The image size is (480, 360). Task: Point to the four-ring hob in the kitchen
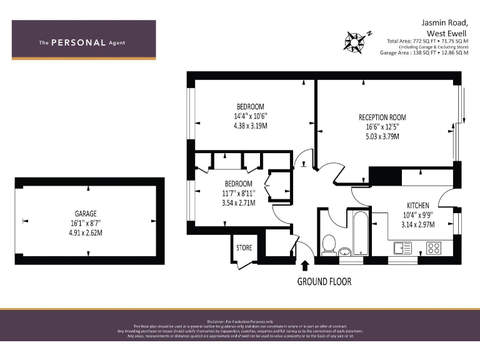point(434,247)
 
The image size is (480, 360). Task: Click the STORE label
point(244,248)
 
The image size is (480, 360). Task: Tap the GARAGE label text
point(87,213)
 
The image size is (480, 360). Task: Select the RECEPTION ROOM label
point(382,117)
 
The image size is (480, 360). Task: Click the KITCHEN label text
point(418,206)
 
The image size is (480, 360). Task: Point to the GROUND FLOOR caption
point(324,282)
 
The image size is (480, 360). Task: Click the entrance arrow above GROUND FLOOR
point(306,266)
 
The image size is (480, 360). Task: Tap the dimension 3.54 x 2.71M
point(238,203)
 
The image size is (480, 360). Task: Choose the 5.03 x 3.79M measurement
point(382,136)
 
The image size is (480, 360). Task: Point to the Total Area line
point(427,41)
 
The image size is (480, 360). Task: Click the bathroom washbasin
point(344,252)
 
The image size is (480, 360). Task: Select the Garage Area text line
point(424,53)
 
